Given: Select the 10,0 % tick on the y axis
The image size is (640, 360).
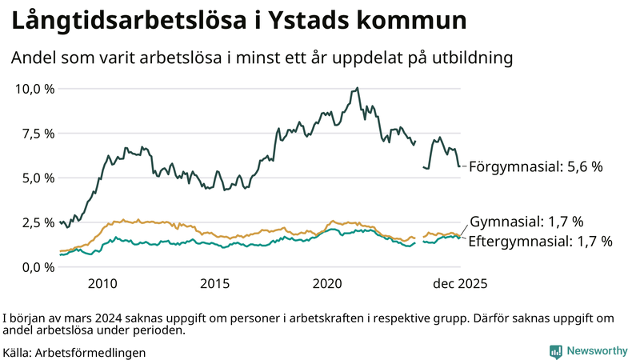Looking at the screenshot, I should pyautogui.click(x=34, y=89).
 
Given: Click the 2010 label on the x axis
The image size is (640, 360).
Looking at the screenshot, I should pyautogui.click(x=103, y=284).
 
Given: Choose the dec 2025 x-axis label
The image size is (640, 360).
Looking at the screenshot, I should pyautogui.click(x=460, y=284).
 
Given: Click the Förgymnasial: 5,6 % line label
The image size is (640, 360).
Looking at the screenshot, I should pyautogui.click(x=535, y=167).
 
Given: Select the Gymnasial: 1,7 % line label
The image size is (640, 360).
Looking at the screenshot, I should pyautogui.click(x=526, y=222).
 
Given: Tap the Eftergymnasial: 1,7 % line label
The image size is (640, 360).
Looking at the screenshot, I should pyautogui.click(x=540, y=241).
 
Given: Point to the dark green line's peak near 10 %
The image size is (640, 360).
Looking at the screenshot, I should pyautogui.click(x=357, y=88).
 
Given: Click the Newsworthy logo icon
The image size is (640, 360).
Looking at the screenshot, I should pyautogui.click(x=555, y=351).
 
